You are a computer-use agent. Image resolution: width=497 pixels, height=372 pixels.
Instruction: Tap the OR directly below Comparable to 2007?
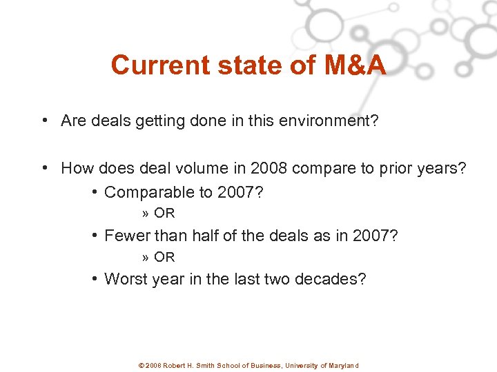tap(164, 214)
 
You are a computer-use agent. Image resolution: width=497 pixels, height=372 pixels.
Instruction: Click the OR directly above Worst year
tap(164, 257)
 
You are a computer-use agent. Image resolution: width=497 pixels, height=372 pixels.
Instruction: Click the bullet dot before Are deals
tap(43, 121)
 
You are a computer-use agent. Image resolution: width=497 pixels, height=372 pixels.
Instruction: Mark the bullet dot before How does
tap(43, 168)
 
